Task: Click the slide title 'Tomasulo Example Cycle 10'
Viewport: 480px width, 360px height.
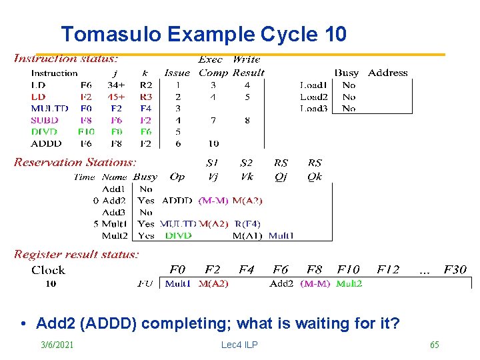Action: (x=203, y=34)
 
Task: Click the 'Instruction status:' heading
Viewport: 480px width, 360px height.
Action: (x=66, y=59)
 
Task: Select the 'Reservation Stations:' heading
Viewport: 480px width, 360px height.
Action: (x=75, y=162)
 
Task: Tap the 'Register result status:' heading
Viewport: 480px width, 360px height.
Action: (x=76, y=254)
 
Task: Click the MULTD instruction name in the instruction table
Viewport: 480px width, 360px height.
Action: (x=49, y=108)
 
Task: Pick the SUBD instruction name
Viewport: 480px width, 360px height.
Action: (x=45, y=120)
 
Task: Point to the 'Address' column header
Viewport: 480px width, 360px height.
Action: (x=387, y=73)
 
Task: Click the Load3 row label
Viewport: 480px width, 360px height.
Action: (x=313, y=108)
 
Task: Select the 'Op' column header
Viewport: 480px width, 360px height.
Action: (x=177, y=177)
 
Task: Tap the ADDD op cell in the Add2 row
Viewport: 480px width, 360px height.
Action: (x=177, y=200)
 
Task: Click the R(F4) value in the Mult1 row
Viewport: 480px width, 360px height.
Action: (x=247, y=223)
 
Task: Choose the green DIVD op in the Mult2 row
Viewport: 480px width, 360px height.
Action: (x=178, y=235)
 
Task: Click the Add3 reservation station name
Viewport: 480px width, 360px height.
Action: (x=115, y=212)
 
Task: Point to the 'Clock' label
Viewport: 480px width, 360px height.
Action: (x=49, y=271)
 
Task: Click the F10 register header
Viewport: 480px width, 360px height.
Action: (x=348, y=270)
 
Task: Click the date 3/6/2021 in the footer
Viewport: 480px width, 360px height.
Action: (x=57, y=345)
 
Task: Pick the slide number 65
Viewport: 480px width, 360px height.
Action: (x=434, y=345)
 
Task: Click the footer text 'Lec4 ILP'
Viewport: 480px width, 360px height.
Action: (x=239, y=345)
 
